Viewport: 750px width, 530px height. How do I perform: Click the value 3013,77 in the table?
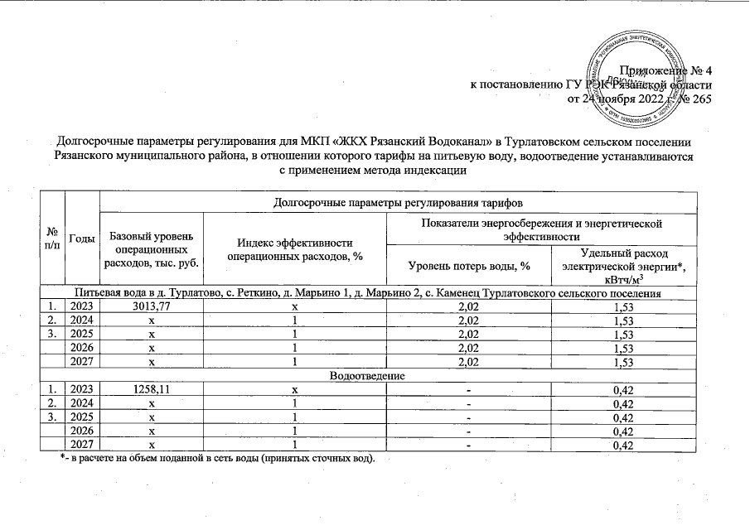[150, 306]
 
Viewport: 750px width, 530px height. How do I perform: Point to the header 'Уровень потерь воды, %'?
[469, 266]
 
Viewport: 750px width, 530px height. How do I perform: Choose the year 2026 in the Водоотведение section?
[81, 433]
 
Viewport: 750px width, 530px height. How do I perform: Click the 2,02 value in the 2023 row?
[469, 306]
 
